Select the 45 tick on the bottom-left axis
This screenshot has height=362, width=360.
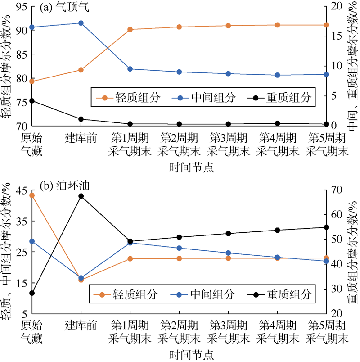click(x=22, y=190)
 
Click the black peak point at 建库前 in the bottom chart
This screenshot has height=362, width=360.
click(x=81, y=196)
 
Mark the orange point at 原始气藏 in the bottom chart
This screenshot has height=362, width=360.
click(x=32, y=195)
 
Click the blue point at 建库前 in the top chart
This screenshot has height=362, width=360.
click(x=81, y=23)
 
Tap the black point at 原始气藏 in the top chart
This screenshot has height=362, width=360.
click(x=32, y=101)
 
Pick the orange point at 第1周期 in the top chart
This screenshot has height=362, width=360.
click(x=130, y=29)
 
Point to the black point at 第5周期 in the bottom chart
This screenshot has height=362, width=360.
click(x=327, y=227)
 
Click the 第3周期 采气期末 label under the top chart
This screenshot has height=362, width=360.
click(x=228, y=144)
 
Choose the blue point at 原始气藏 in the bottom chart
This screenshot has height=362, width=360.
click(x=32, y=241)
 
